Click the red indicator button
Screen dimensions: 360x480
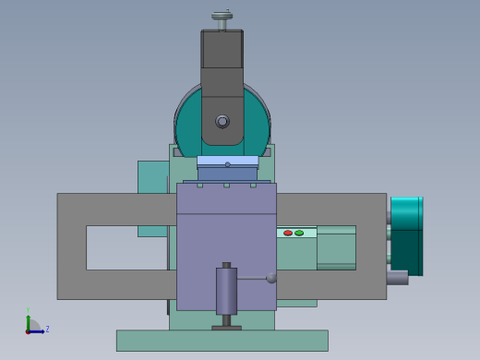point(288,233)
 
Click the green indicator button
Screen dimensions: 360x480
point(299,233)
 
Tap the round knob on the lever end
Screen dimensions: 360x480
point(271,278)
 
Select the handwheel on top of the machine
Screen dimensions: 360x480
point(222,16)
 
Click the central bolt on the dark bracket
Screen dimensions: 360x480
point(222,121)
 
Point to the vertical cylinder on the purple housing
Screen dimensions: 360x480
point(226,291)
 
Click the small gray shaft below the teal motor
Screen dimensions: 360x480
point(397,277)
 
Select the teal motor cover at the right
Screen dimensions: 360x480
point(406,235)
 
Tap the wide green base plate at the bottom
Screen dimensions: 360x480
point(222,341)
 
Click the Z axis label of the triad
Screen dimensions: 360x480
point(47,329)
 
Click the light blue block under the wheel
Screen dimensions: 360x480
point(227,161)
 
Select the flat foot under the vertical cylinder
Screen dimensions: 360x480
point(226,327)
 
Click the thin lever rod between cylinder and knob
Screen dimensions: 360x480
point(252,278)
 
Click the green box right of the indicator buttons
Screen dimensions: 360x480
point(336,247)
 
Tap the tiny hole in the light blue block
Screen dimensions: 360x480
point(227,164)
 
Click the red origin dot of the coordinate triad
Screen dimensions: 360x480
point(29,330)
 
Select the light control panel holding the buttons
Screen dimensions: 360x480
point(295,234)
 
